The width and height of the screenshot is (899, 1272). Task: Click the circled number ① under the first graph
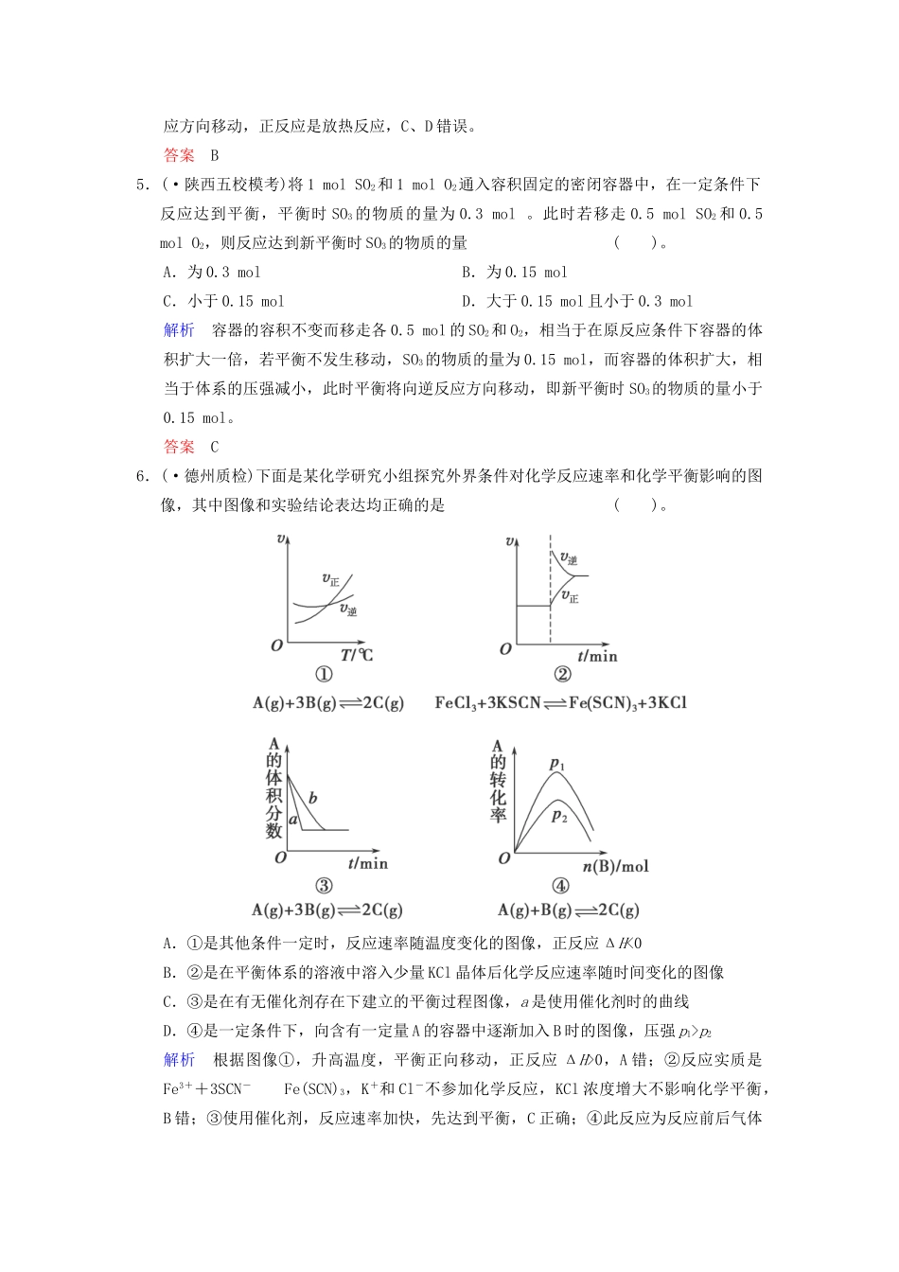tap(324, 675)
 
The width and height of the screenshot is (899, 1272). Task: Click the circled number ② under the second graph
tap(562, 675)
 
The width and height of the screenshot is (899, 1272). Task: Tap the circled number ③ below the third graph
tap(324, 886)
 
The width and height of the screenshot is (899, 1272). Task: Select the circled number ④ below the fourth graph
tap(560, 886)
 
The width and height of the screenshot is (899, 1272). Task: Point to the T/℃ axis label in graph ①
tap(357, 655)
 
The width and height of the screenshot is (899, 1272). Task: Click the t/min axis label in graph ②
tap(597, 655)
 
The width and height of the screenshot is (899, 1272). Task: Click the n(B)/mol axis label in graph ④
tap(615, 866)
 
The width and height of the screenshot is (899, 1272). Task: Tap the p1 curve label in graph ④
tap(557, 763)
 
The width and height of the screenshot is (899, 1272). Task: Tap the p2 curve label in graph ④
tap(559, 815)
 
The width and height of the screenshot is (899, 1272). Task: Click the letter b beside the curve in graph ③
tap(312, 799)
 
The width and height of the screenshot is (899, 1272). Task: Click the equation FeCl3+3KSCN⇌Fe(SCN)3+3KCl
tap(560, 703)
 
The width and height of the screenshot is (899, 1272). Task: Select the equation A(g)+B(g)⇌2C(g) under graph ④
tap(568, 910)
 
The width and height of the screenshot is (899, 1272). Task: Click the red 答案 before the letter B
tap(179, 155)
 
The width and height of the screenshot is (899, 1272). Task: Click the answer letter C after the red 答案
tap(215, 447)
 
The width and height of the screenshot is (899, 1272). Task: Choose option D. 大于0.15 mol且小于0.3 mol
tap(577, 302)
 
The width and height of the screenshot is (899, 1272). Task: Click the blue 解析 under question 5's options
tap(179, 330)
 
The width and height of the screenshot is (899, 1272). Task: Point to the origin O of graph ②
tap(505, 648)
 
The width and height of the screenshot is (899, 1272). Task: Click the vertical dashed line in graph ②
tap(550, 587)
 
